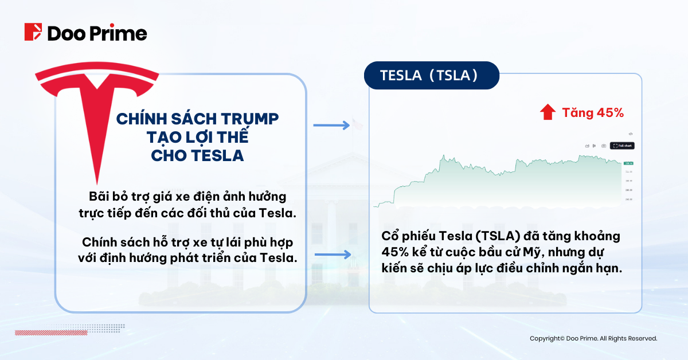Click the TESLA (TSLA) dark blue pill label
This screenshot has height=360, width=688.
click(431, 76)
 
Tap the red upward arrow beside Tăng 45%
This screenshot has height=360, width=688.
click(548, 113)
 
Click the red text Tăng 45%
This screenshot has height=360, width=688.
click(592, 113)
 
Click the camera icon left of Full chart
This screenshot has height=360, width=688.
click(604, 146)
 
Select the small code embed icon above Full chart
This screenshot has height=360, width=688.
click(630, 134)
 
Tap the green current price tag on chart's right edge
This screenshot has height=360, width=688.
click(628, 163)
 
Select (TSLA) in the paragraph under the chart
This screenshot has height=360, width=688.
click(497, 237)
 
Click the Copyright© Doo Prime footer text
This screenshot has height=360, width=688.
click(593, 339)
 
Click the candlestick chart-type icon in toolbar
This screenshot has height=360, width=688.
click(595, 146)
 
